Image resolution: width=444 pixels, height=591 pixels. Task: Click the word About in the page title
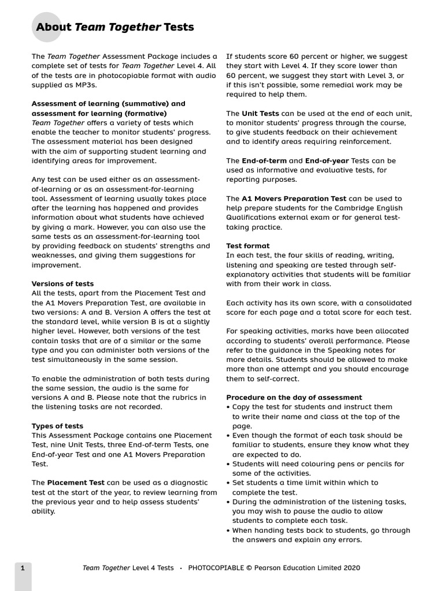(x=54, y=27)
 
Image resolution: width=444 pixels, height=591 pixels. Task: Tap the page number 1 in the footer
(x=23, y=568)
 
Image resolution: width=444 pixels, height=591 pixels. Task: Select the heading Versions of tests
(x=62, y=284)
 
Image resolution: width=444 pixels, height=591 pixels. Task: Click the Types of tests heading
(x=57, y=426)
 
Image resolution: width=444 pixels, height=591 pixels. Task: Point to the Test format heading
(x=247, y=246)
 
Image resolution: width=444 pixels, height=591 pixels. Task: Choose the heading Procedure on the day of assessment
(x=294, y=398)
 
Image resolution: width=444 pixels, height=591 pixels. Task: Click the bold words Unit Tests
(x=260, y=114)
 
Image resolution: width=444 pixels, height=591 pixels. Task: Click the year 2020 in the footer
(x=351, y=568)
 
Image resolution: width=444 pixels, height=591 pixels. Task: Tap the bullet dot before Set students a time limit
(x=228, y=483)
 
